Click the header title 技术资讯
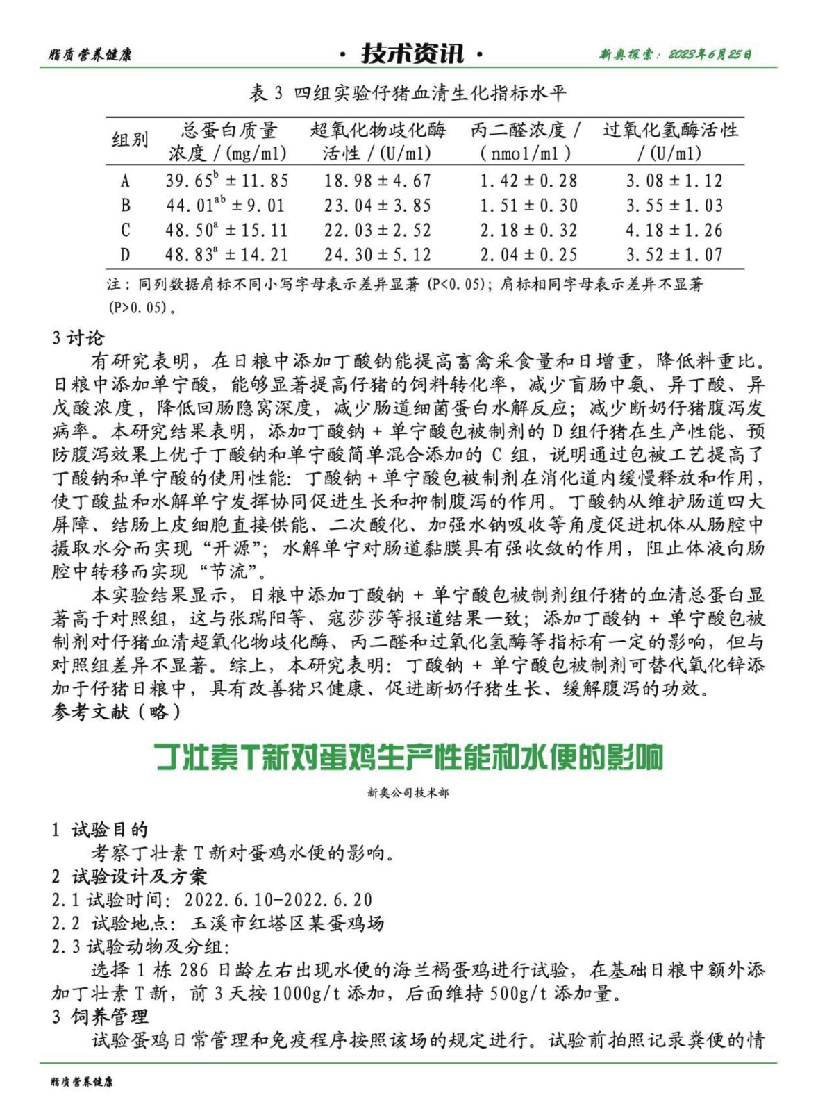412,53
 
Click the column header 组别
130,140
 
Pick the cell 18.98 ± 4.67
378,181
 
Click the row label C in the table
125,230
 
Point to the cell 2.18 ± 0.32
528,230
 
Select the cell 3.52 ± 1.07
674,255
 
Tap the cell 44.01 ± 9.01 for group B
225,205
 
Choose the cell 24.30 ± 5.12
378,255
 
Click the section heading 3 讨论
78,338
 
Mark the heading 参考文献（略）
116,712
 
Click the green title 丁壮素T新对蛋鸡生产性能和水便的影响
409,757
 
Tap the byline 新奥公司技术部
408,792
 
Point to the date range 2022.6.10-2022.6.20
278,900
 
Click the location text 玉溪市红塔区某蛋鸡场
287,923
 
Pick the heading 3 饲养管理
100,1017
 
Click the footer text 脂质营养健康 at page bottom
81,1081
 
